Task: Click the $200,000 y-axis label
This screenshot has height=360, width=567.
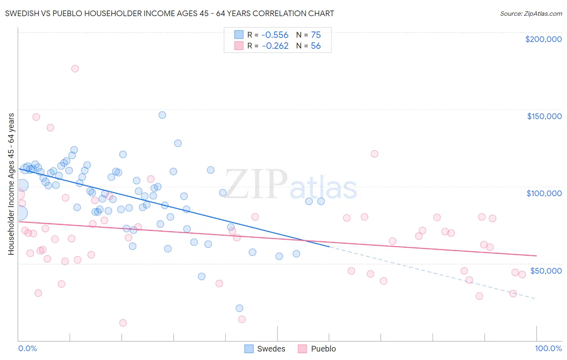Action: (543, 39)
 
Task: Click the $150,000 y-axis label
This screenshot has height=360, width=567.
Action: (544, 116)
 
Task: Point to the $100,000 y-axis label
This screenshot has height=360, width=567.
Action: (544, 193)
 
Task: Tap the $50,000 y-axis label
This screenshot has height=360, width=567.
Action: (546, 270)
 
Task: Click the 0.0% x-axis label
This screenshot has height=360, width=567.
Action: (27, 348)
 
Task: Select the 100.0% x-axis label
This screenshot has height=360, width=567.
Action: (548, 348)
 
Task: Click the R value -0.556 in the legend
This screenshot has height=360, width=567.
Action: (275, 35)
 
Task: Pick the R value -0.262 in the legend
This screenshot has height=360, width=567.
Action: (275, 46)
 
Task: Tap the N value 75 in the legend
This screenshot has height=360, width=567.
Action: (316, 35)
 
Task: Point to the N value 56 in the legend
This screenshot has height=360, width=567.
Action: (316, 46)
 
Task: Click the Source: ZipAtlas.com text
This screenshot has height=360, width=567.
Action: (531, 14)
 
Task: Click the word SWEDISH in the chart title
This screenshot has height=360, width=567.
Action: (22, 14)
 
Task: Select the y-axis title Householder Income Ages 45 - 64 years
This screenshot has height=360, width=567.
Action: (11, 184)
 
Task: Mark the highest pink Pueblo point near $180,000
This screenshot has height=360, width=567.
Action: (75, 69)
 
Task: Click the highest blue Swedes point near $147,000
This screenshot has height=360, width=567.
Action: (162, 115)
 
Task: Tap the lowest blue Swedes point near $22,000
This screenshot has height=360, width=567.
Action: (239, 308)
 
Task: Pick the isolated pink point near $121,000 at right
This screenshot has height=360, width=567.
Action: (374, 154)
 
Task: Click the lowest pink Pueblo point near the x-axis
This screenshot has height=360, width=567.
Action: (123, 323)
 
